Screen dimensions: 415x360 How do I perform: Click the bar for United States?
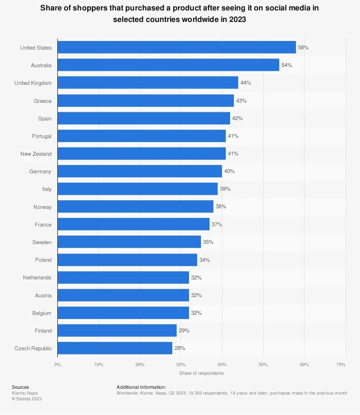176,47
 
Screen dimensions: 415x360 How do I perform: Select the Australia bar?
168,65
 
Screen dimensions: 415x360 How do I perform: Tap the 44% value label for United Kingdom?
246,83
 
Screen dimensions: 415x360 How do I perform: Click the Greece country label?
42,101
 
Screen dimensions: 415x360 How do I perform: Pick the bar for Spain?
144,118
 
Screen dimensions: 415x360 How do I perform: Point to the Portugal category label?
42,136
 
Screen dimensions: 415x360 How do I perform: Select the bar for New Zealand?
141,154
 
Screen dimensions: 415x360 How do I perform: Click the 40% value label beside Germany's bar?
229,171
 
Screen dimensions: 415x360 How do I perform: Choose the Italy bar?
138,189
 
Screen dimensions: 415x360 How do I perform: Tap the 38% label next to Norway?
221,206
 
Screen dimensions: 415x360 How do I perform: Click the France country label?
43,225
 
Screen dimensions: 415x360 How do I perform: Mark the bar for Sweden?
129,242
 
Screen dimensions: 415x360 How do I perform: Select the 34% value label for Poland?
204,260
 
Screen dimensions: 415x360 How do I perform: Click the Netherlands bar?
123,278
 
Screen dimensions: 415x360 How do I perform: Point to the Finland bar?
117,330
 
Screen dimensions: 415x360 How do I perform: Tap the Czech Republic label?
33,348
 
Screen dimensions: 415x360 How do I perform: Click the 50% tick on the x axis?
263,364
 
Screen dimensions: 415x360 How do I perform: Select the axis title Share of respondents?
201,373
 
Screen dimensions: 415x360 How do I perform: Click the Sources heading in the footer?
21,387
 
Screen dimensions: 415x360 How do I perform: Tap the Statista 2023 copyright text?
27,398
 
